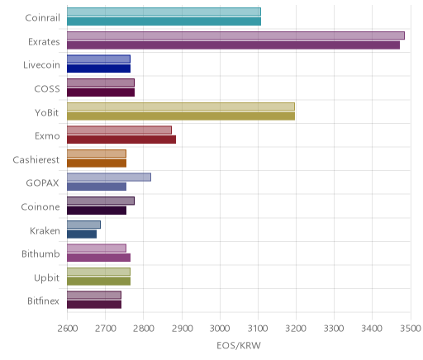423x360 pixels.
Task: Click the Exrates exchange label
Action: click(44, 42)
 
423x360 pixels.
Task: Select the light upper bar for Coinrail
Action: click(164, 12)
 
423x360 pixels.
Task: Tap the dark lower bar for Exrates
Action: click(233, 45)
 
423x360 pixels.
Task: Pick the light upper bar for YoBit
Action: click(181, 107)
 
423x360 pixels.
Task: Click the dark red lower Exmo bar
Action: click(121, 140)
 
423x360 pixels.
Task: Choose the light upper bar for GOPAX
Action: click(109, 178)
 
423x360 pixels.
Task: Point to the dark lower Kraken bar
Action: click(82, 234)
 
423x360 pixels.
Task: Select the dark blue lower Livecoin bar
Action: click(98, 69)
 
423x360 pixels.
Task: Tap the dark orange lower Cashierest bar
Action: click(97, 163)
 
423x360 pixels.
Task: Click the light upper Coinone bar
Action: click(101, 201)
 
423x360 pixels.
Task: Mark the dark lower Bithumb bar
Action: click(98, 258)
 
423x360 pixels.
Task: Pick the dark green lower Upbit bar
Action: click(98, 282)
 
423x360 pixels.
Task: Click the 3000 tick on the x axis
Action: click(220, 329)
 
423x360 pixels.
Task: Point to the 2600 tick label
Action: click(68, 329)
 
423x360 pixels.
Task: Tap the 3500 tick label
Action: click(411, 329)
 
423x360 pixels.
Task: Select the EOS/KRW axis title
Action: click(239, 346)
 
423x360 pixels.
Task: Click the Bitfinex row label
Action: click(43, 301)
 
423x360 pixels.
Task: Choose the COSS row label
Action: click(47, 89)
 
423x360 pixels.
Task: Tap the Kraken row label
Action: click(45, 230)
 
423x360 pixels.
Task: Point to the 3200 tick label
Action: click(296, 329)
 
